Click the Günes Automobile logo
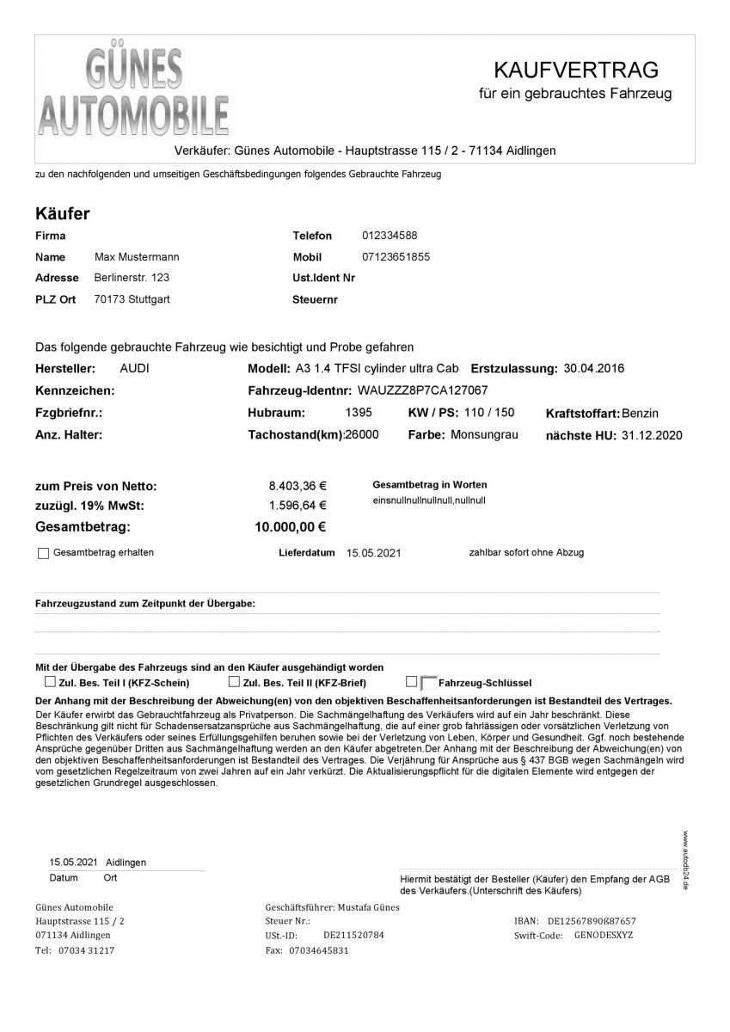[x=134, y=94]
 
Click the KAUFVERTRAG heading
[x=575, y=69]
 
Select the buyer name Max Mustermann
[x=137, y=257]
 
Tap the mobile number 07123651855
[x=396, y=257]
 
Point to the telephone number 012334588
[x=390, y=235]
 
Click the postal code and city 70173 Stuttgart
[x=132, y=300]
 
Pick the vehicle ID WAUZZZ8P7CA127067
[x=422, y=390]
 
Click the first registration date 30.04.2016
[x=594, y=368]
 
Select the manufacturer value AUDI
[x=133, y=368]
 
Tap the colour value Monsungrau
[x=484, y=434]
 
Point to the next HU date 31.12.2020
[x=651, y=435]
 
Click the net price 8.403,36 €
[x=298, y=486]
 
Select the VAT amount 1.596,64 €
[x=298, y=506]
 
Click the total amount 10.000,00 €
[x=291, y=527]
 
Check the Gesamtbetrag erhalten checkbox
[x=44, y=554]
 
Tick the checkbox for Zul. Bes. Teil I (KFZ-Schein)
[x=50, y=682]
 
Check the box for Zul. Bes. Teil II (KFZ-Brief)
[x=234, y=682]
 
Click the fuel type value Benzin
[x=640, y=414]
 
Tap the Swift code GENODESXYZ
[x=603, y=935]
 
